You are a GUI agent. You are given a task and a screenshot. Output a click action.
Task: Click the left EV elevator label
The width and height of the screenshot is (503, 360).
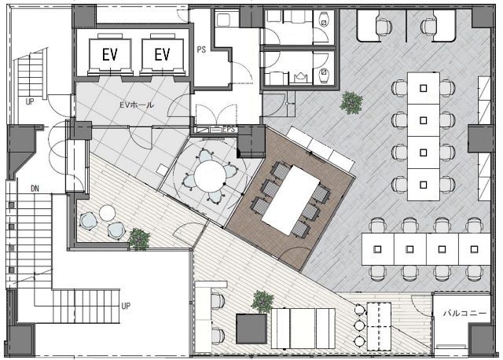110,54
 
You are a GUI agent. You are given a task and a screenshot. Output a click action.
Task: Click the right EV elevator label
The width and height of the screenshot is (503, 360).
162,54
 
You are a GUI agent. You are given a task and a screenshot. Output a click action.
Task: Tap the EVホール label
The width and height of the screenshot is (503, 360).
136,105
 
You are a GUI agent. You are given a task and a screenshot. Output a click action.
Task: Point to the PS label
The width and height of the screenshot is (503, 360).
201,50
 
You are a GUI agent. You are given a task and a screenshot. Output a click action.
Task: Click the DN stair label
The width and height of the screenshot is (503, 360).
35,189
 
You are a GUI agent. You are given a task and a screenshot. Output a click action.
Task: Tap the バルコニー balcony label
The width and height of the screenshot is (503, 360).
464,313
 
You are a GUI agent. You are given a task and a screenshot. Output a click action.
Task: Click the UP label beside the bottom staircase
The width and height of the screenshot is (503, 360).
126,306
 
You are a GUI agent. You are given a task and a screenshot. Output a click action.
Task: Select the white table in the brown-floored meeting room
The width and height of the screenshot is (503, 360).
291,200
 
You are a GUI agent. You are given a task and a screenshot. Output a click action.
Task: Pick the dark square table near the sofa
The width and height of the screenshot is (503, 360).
251,329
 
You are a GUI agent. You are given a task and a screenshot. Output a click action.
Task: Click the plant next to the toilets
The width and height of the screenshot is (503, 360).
351,102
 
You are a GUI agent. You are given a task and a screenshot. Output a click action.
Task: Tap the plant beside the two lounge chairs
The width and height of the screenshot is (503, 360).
139,239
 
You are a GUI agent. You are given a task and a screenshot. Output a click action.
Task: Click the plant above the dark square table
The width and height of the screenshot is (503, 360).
263,302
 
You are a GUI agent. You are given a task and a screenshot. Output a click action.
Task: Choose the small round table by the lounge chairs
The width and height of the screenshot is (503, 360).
107,213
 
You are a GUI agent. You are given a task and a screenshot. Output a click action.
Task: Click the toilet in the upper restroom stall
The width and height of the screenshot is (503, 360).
324,19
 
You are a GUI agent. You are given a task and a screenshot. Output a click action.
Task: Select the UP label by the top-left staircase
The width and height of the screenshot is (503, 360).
30,102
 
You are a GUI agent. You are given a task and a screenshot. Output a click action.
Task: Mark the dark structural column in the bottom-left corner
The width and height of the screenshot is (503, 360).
20,341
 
